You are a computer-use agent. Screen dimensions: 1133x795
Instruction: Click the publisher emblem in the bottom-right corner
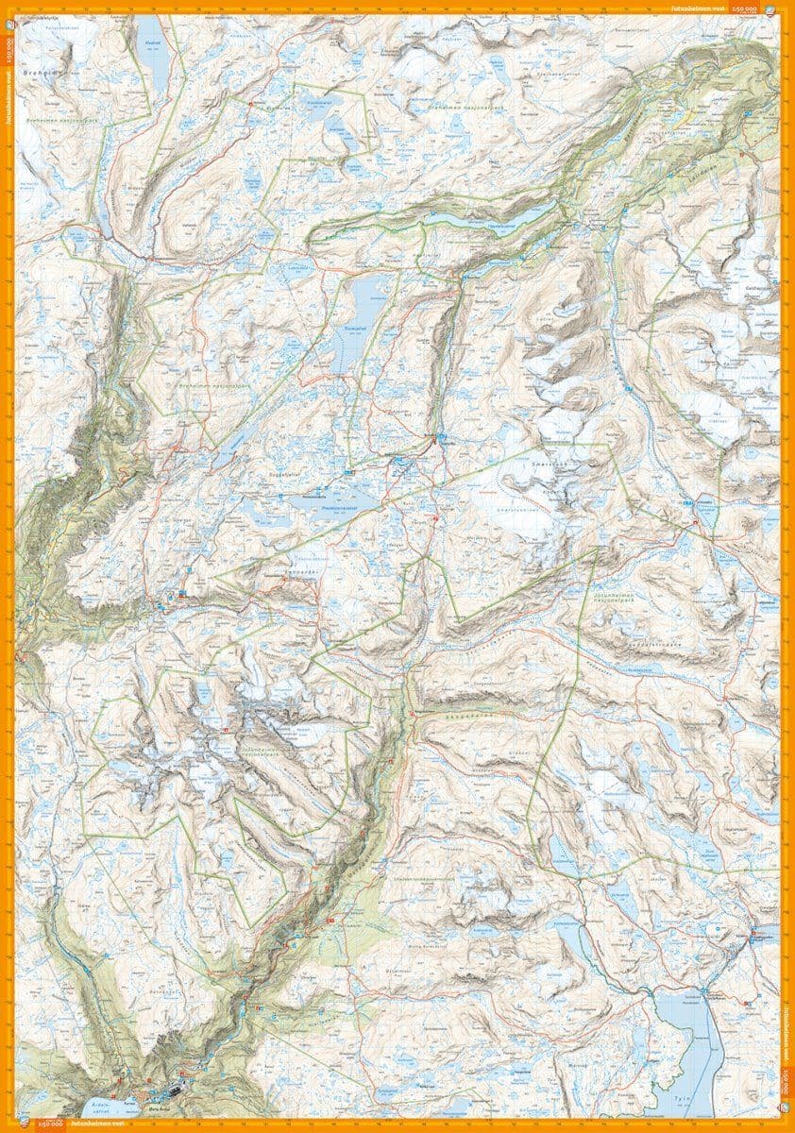(786, 1105)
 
